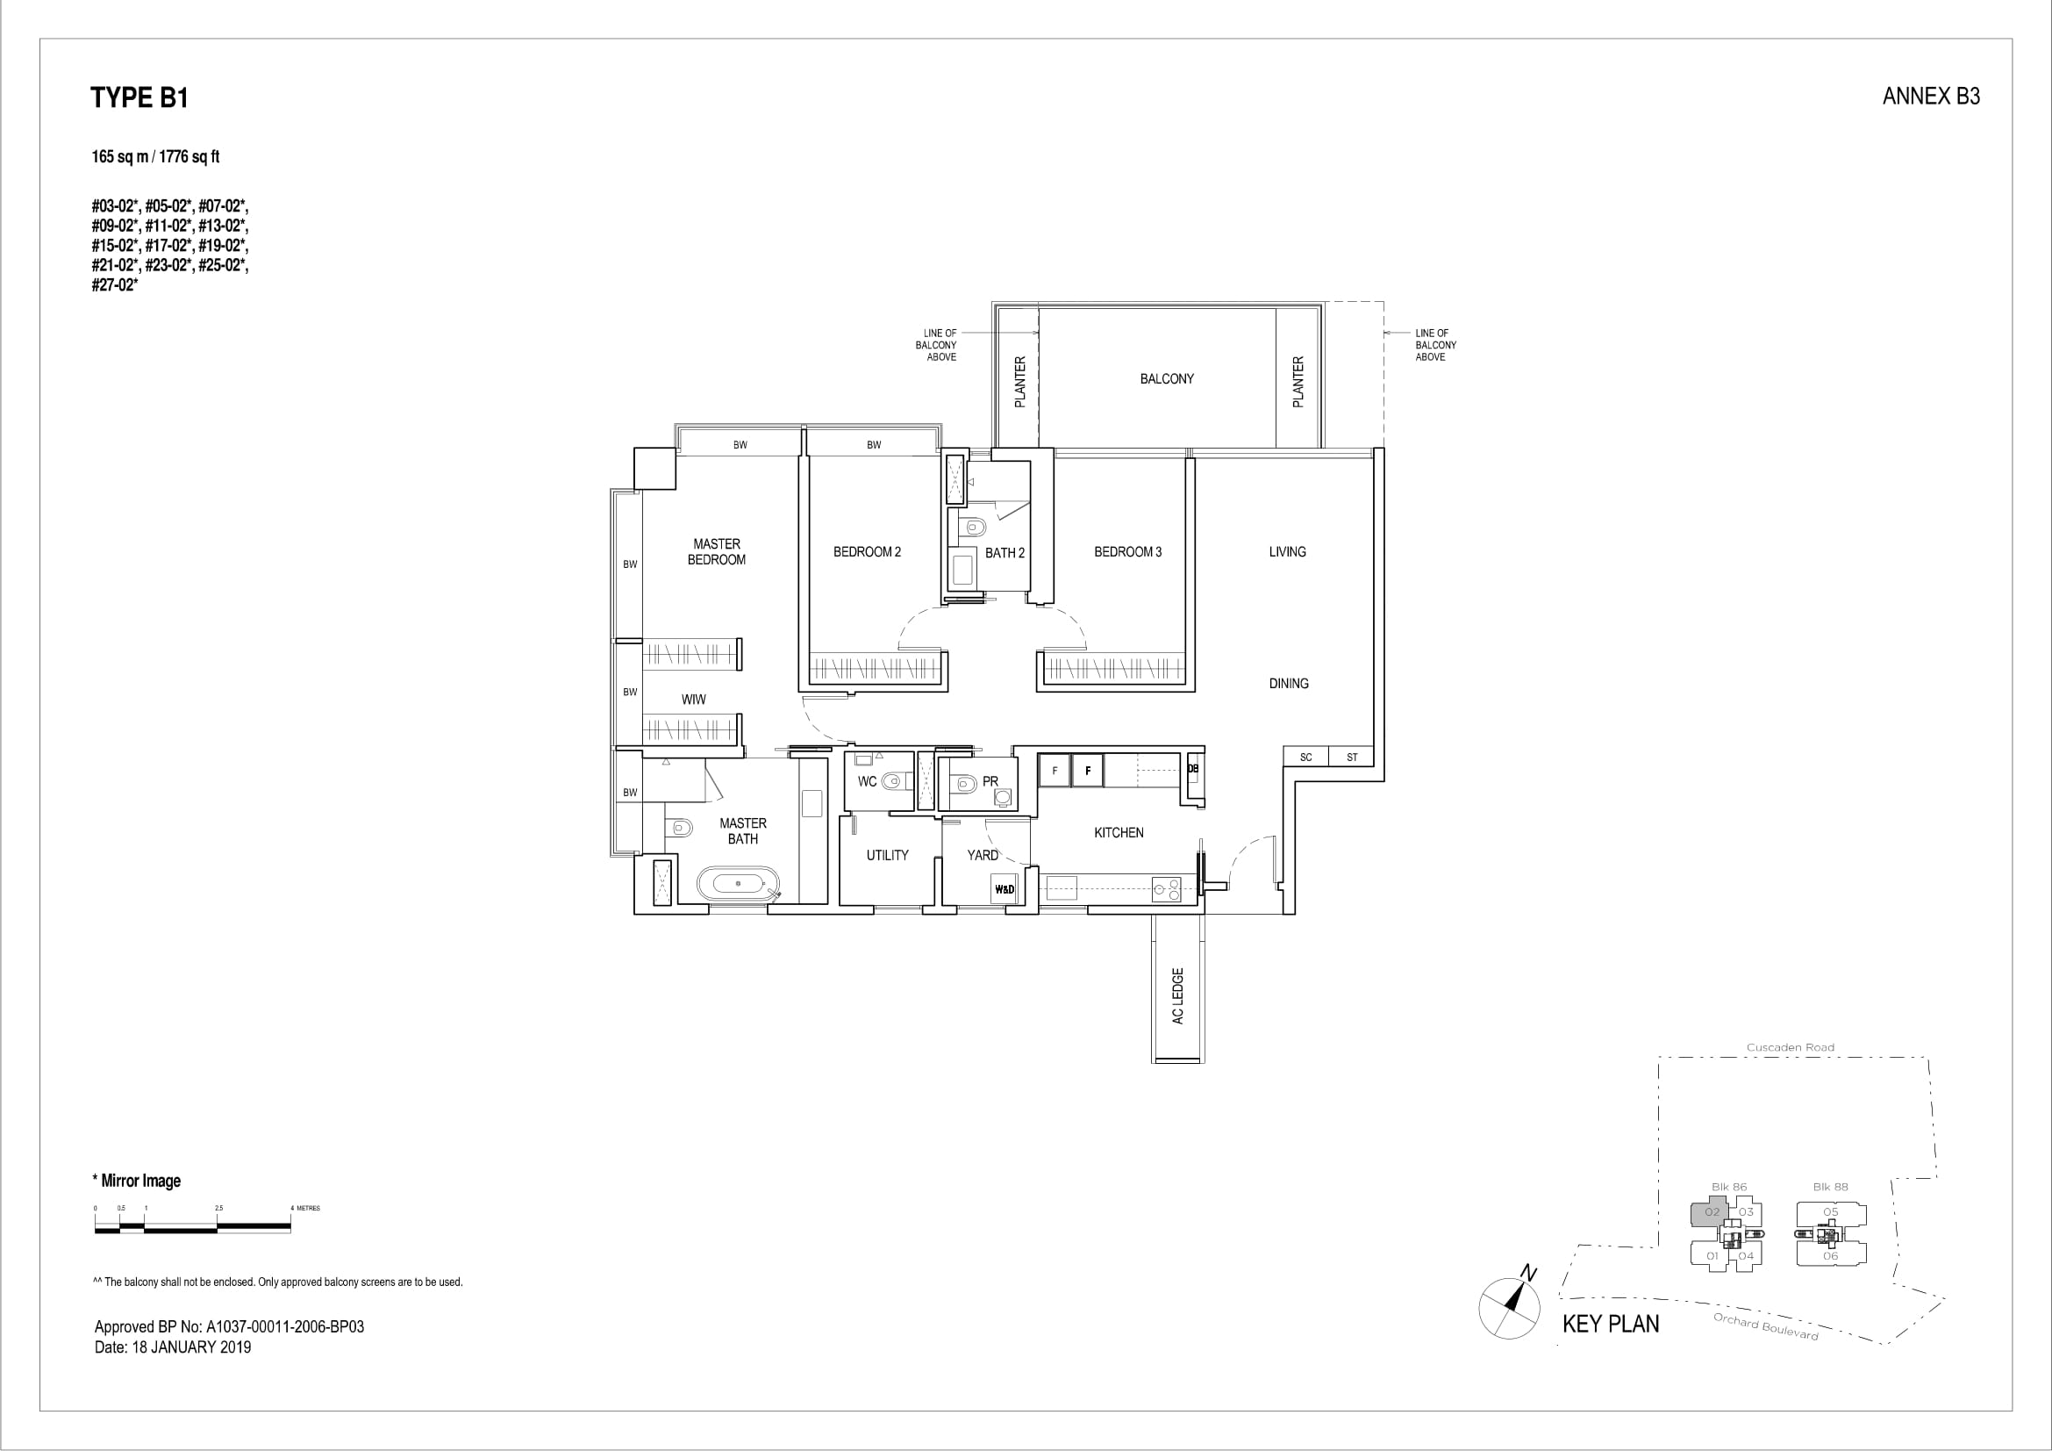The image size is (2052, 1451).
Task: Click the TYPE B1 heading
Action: (139, 97)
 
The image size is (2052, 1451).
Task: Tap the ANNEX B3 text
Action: (1930, 97)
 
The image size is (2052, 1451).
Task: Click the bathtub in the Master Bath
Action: (738, 882)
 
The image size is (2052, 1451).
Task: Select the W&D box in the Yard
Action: (1005, 889)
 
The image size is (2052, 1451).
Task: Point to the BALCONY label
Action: (1166, 379)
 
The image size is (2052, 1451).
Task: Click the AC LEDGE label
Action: (1178, 996)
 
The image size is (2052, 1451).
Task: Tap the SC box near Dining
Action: (1305, 757)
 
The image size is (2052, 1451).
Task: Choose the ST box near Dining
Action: (1351, 757)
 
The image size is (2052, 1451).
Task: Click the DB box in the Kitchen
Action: (1193, 768)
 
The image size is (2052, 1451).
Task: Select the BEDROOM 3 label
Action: (1128, 551)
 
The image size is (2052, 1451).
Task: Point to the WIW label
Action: (694, 699)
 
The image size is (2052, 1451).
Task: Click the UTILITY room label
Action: (888, 855)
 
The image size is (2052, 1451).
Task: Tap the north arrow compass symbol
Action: (1510, 1305)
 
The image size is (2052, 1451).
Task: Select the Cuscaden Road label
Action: (1791, 1047)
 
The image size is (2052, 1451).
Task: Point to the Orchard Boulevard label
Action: (1765, 1326)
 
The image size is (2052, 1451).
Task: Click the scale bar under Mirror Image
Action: (193, 1228)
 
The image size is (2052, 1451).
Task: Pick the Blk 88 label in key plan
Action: (1830, 1187)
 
